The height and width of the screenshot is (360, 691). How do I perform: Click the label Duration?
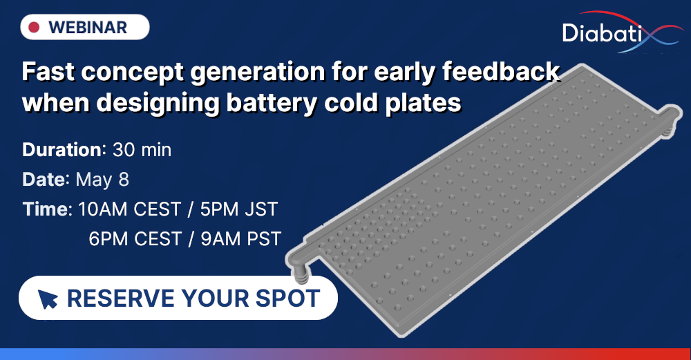62,150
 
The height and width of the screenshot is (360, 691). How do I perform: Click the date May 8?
102,180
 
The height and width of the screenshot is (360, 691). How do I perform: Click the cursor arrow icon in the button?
48,299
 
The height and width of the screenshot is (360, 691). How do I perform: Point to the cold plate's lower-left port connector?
301,271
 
